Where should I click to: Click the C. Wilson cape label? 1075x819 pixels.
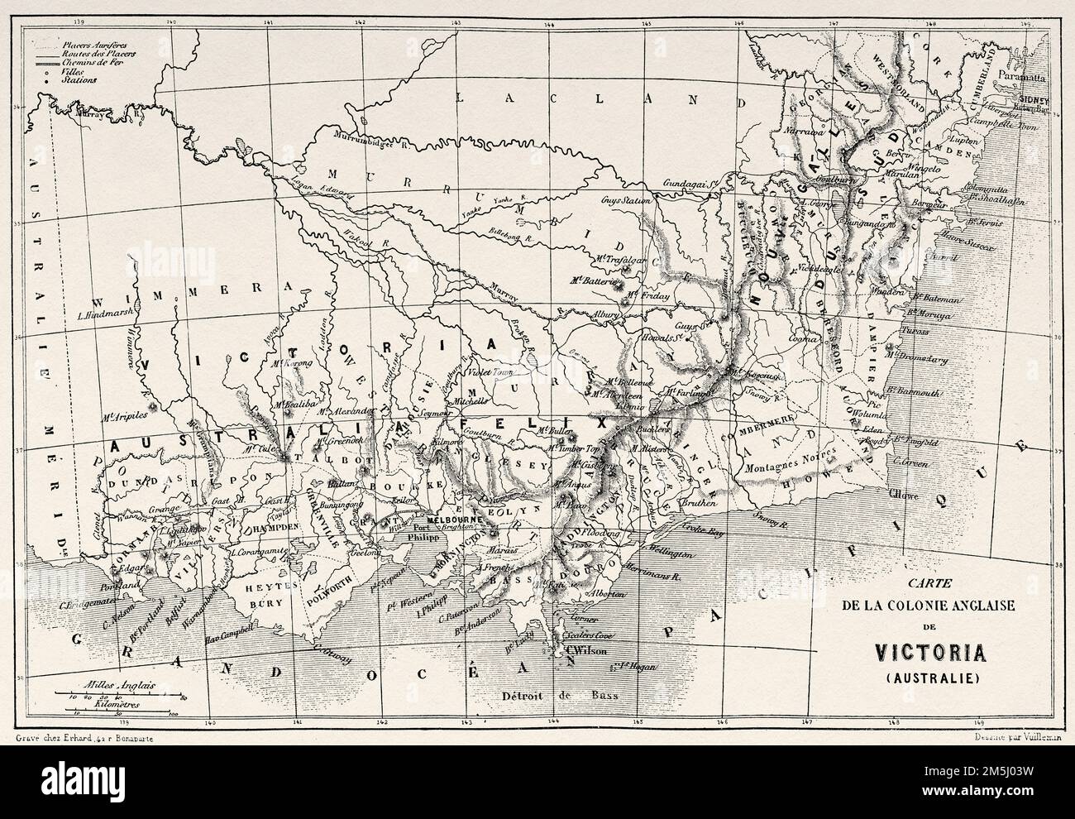(x=583, y=650)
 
